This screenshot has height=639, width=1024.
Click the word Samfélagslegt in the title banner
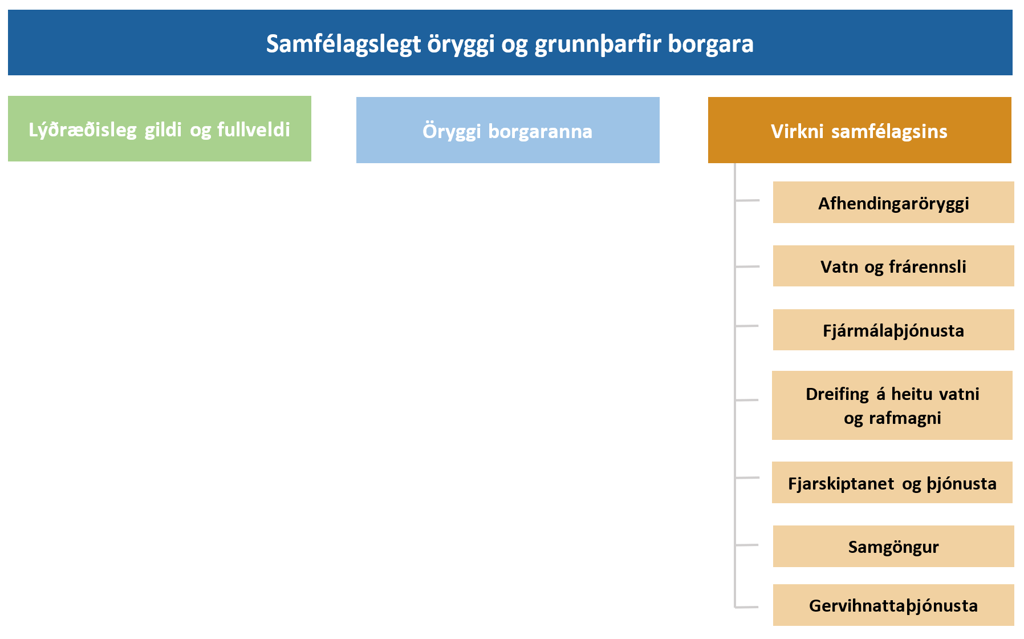click(x=343, y=45)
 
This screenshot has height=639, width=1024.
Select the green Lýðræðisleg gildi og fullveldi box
click(x=160, y=128)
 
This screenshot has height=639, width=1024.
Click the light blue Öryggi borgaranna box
click(x=508, y=130)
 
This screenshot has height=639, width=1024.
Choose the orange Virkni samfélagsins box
click(x=860, y=130)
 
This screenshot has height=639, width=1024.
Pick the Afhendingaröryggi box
click(x=893, y=202)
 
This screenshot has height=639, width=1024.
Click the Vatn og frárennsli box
click(x=893, y=266)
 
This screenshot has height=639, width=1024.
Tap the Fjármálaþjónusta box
click(x=893, y=330)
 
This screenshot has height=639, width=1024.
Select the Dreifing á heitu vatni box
click(x=892, y=405)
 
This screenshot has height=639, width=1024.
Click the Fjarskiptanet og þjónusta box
click(x=892, y=483)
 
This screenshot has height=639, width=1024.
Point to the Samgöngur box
click(x=893, y=546)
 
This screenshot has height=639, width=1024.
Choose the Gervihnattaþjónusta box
click(x=893, y=605)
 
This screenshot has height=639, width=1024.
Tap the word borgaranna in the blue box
click(x=541, y=131)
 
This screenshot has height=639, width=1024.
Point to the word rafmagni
click(x=905, y=418)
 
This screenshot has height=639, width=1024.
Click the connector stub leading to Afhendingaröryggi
click(x=747, y=200)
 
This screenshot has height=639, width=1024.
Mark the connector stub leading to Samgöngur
click(x=747, y=545)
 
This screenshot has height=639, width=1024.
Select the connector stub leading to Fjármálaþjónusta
click(x=747, y=326)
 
